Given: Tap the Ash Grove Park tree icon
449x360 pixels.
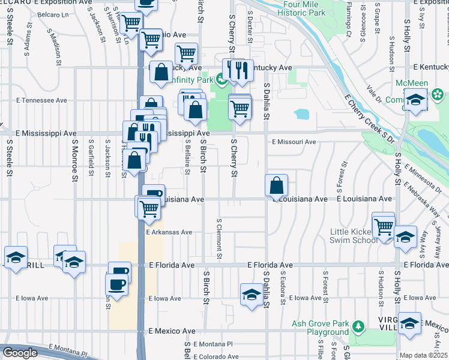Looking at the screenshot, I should (358, 326).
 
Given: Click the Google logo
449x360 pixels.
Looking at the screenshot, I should (20, 353).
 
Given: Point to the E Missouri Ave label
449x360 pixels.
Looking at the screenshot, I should (294, 142).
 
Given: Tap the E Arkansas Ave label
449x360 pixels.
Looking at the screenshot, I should (169, 232).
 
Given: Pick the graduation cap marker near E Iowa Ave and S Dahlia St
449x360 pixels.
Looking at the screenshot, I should (251, 294).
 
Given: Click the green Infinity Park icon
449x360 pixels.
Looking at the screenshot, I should (221, 79).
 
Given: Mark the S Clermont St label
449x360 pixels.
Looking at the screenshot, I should (220, 240).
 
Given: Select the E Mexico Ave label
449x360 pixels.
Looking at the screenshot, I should (172, 331).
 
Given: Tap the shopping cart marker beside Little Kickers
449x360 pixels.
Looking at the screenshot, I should (383, 226).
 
